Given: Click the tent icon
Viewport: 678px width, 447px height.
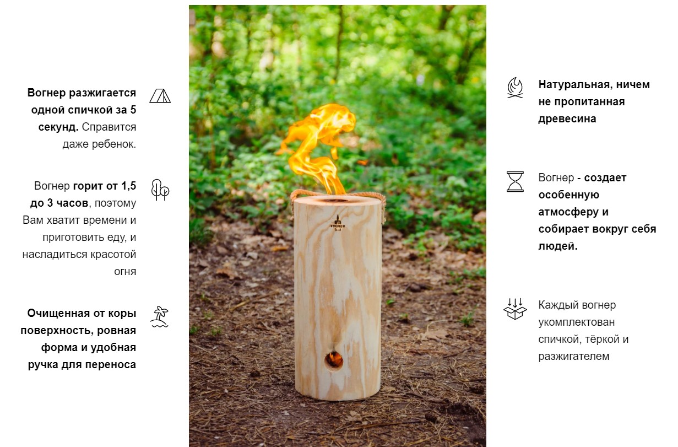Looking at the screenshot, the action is tap(160, 96).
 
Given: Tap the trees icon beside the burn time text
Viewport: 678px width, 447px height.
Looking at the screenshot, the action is tap(160, 190).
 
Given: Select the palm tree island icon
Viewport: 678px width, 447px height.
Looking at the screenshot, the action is tap(159, 317).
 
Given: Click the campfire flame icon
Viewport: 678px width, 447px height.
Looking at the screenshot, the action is tap(515, 88).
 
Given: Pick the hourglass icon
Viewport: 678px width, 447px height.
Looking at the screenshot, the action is tap(515, 181).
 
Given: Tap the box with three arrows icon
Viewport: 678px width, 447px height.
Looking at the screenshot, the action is tap(515, 309).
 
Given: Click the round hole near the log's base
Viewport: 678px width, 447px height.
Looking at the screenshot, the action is tap(334, 360).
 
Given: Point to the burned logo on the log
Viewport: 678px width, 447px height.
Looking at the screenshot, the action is tap(338, 223).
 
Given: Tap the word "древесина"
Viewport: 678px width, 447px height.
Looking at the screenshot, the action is tap(567, 119).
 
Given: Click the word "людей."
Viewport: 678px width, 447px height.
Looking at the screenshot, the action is tap(558, 246).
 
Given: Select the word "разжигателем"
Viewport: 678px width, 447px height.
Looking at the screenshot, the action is tap(574, 356).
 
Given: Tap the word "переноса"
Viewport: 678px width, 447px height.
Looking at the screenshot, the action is tap(111, 365).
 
